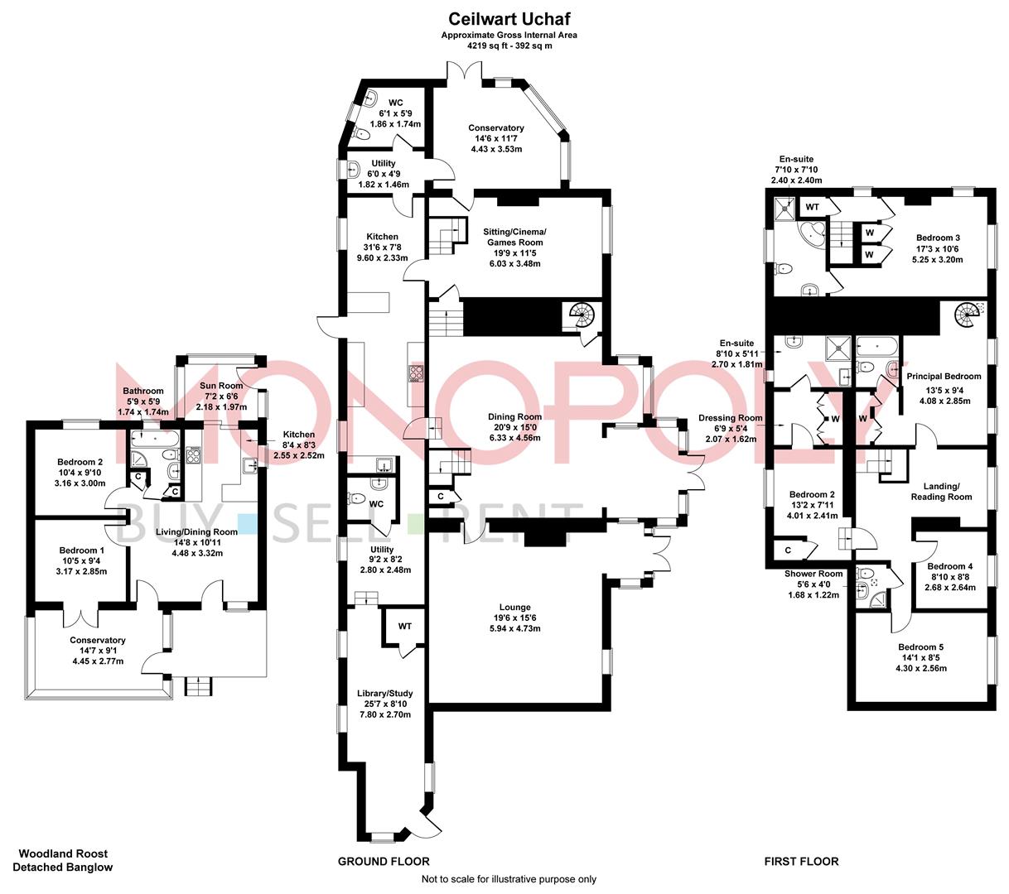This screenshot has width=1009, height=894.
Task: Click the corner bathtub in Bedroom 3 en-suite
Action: click(x=810, y=233)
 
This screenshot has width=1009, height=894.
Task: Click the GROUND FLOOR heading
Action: click(x=384, y=861)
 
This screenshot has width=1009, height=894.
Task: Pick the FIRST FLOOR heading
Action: click(x=800, y=861)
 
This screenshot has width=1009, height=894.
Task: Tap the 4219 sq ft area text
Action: click(x=509, y=46)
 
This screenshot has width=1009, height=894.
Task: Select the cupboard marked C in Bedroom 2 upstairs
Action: click(x=786, y=550)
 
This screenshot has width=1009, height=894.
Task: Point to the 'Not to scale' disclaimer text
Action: click(x=509, y=879)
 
